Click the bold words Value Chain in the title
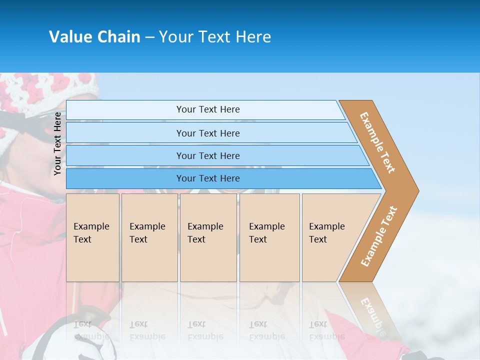point(94,36)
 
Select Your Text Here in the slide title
point(215,36)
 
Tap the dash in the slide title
point(149,37)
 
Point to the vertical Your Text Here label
point(58,143)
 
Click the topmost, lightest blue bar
point(208,109)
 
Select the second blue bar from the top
point(208,133)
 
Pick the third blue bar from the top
point(208,155)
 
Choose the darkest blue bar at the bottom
point(208,178)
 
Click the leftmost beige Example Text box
point(92,237)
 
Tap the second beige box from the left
point(149,237)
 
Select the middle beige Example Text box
point(207,237)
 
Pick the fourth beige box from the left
point(269,237)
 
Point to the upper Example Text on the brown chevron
point(378,142)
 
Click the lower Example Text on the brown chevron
point(378,236)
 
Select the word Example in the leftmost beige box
point(91,226)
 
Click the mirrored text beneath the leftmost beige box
point(91,330)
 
